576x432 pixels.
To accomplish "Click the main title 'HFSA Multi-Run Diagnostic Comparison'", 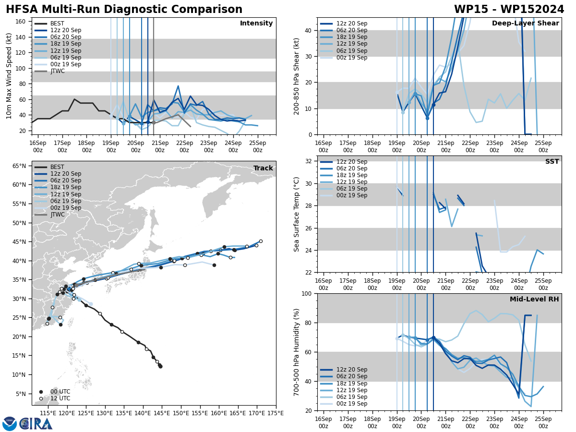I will [124, 10].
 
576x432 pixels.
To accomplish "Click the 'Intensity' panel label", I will [256, 24].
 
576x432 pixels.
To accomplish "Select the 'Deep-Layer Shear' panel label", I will [525, 24].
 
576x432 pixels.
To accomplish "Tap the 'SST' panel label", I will [552, 162].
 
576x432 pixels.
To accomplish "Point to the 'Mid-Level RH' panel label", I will [534, 300].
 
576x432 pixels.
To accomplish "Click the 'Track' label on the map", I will [263, 168].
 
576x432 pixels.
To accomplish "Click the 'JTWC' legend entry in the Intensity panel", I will [58, 71].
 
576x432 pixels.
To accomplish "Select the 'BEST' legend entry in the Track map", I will [57, 167].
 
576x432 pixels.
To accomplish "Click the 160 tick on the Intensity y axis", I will [21, 22].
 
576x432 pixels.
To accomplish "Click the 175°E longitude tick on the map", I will [276, 413].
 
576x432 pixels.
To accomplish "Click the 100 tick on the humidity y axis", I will [306, 294].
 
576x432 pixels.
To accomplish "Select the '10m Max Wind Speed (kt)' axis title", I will [9, 76].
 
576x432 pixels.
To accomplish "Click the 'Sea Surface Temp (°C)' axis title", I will [297, 214].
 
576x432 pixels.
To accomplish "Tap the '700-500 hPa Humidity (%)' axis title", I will [297, 352].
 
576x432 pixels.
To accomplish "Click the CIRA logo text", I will [36, 424].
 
